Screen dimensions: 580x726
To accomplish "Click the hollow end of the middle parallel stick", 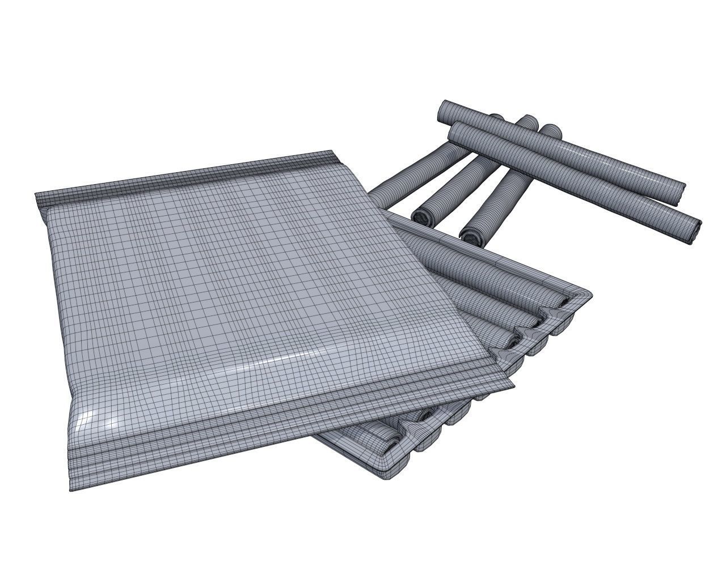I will click(422, 216).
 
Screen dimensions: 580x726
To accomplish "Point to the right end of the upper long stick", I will click(678, 194).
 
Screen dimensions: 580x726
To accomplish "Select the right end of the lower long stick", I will click(694, 231).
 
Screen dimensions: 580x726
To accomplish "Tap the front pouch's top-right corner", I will click(330, 154).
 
